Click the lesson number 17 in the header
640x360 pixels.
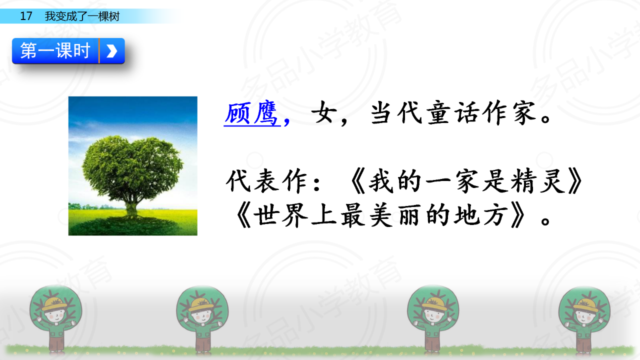point(26,16)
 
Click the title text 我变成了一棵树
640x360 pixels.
point(82,16)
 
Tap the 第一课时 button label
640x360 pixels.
point(55,50)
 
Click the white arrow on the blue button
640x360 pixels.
point(111,51)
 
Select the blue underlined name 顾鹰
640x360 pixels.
point(251,113)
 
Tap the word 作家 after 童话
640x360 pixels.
point(509,112)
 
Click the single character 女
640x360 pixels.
point(322,113)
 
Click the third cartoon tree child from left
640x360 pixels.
point(432,319)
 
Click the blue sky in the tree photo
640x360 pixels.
point(132,114)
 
